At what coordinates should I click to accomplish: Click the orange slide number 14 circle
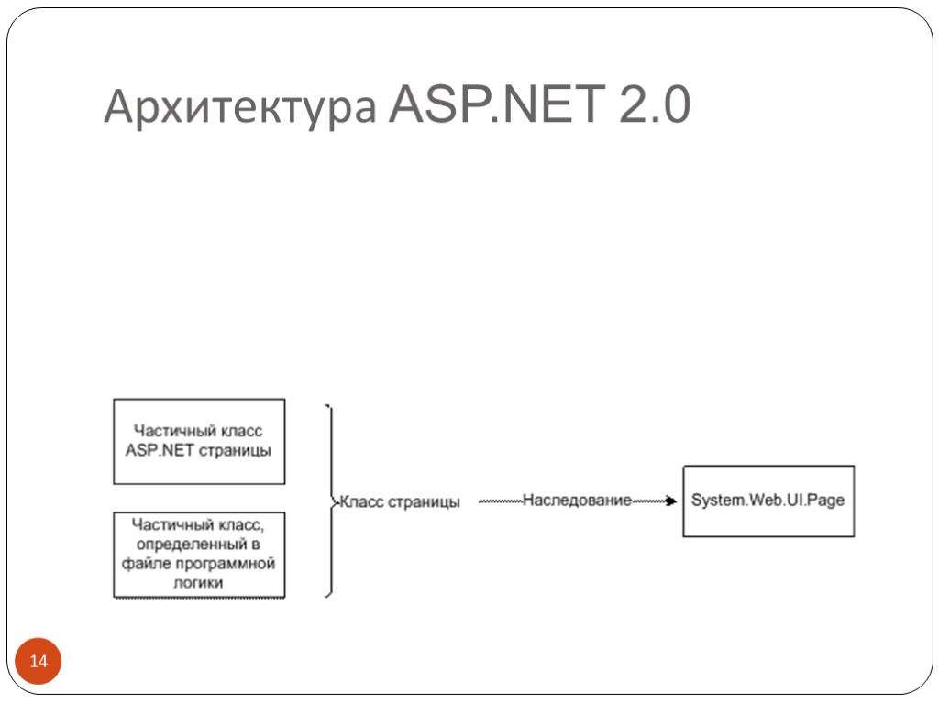(x=39, y=662)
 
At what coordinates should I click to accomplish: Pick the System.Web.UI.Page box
(x=768, y=500)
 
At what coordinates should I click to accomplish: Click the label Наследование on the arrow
(x=577, y=500)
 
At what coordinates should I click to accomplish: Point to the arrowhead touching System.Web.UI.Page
(x=671, y=501)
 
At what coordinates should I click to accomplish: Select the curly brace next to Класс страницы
(x=330, y=500)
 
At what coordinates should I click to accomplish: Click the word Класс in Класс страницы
(x=362, y=502)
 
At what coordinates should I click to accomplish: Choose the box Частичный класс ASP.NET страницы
(x=199, y=441)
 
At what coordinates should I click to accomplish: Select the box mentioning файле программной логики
(x=199, y=554)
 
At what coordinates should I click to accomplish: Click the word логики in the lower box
(x=199, y=582)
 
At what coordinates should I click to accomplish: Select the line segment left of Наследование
(x=500, y=501)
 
